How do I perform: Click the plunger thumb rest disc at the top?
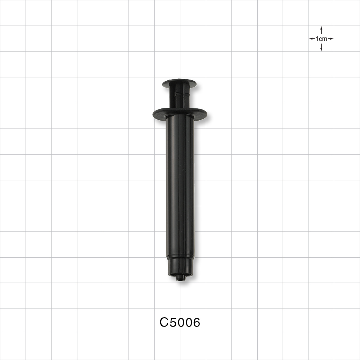point(179,84)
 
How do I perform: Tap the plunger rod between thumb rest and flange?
point(179,99)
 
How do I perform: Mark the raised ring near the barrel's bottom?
point(180,257)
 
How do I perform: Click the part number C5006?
point(180,323)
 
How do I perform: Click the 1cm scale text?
point(321,39)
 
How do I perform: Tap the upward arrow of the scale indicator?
point(321,30)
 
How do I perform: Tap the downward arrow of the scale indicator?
point(321,48)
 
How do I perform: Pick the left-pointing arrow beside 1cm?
point(312,39)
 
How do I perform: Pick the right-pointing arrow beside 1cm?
point(331,39)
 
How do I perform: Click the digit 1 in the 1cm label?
point(317,39)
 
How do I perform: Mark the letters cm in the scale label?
point(323,39)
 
